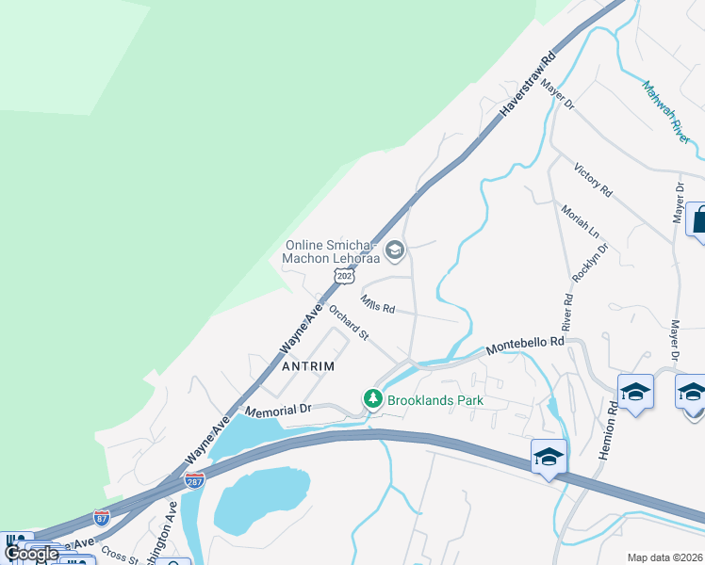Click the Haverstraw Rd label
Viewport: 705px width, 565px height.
point(531,82)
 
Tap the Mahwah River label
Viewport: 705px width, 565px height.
point(667,111)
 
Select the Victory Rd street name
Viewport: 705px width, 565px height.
point(594,180)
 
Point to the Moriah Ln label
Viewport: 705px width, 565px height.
point(580,223)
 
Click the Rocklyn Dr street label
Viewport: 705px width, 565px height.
point(591,263)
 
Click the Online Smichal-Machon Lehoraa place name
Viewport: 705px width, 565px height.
point(332,252)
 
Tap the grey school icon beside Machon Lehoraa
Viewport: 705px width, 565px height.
point(395,250)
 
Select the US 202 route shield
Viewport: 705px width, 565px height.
point(344,274)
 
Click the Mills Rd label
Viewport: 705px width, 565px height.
point(377,303)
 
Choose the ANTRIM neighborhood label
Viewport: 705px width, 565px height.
point(308,365)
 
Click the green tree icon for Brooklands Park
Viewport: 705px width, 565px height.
point(373,400)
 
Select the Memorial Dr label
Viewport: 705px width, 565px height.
point(277,411)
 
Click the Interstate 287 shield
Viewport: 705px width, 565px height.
point(195,480)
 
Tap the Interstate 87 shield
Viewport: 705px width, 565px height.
point(102,517)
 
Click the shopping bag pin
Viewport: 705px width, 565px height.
point(697,220)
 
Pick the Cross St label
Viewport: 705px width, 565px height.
point(121,555)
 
